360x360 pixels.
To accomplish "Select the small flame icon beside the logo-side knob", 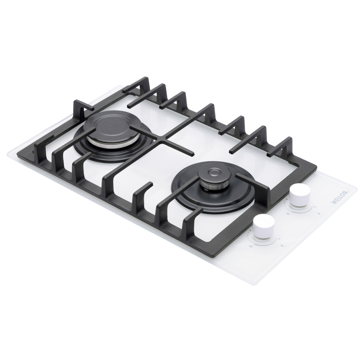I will pyautogui.click(x=314, y=207).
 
